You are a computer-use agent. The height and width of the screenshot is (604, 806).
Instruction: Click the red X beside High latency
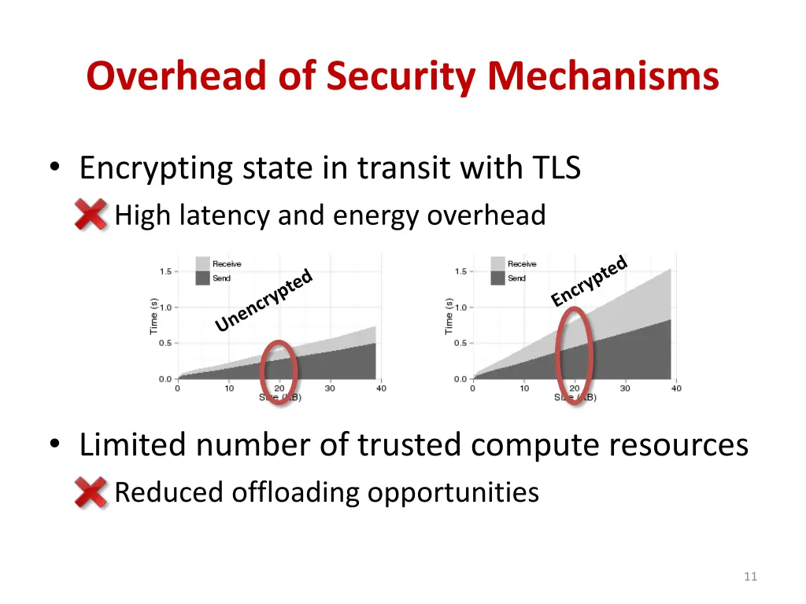coord(91,214)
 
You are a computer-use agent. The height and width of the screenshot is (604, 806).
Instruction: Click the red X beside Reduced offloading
coord(91,492)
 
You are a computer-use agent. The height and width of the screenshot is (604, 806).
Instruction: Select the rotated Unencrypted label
coord(264,301)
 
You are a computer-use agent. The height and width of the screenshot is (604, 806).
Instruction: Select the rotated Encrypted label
coord(589,281)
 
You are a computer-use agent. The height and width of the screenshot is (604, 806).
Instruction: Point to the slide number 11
coord(749,576)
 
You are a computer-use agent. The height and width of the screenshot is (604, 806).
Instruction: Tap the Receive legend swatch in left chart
coord(202,263)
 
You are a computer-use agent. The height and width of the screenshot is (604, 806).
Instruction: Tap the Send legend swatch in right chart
coord(497,278)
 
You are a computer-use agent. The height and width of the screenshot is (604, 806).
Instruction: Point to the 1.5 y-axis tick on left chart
coord(166,271)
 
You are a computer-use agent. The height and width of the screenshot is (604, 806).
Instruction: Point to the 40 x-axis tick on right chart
coord(676,389)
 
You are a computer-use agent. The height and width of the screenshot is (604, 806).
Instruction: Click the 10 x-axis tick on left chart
coord(229,389)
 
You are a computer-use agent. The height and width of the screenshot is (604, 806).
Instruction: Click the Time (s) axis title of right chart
coord(449,315)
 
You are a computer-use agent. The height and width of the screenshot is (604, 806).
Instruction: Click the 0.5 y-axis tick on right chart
coord(461,343)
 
